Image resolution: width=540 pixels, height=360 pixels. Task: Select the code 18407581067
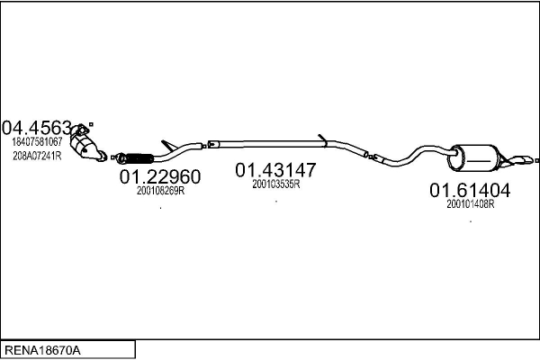click(x=37, y=141)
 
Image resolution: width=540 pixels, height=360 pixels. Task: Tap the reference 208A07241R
click(x=37, y=155)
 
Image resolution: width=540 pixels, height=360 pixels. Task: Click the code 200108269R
click(x=160, y=190)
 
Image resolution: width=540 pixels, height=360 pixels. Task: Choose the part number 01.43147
click(x=276, y=169)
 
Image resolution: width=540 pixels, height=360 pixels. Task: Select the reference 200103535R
click(x=275, y=184)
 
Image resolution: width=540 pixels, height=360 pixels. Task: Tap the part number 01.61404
click(x=470, y=190)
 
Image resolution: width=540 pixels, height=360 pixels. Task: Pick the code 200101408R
click(x=471, y=203)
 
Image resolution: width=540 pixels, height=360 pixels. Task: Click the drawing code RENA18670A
click(x=44, y=348)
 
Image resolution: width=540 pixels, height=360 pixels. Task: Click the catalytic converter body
click(x=87, y=148)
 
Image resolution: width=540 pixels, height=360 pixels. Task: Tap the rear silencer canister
click(x=474, y=158)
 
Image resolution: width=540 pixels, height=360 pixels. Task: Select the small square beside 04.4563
click(x=90, y=124)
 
